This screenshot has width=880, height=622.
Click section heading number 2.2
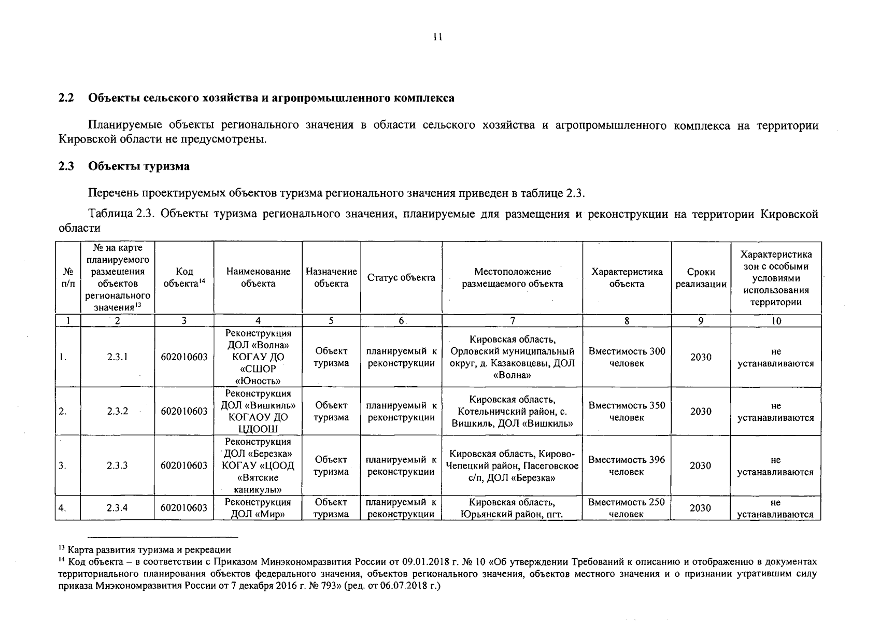[66, 98]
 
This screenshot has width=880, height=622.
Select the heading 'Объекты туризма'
[138, 166]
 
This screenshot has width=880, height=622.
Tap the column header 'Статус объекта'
[401, 278]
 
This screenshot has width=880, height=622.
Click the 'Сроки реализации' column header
[701, 278]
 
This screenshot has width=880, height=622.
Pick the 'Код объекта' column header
[184, 278]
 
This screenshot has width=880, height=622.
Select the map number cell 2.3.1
[117, 357]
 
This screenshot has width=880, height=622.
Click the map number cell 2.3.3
[117, 465]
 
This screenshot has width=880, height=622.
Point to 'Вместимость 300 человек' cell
[627, 357]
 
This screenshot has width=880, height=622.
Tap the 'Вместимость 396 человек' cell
[627, 465]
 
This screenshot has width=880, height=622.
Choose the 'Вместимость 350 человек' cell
[627, 411]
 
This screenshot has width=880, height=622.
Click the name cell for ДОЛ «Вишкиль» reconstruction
[258, 411]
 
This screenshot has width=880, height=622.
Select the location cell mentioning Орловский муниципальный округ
[512, 357]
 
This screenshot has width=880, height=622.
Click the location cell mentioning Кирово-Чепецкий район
[512, 465]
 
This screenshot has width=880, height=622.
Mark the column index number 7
[512, 321]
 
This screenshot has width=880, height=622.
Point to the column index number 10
[775, 321]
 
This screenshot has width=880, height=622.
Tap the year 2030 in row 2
[701, 411]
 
